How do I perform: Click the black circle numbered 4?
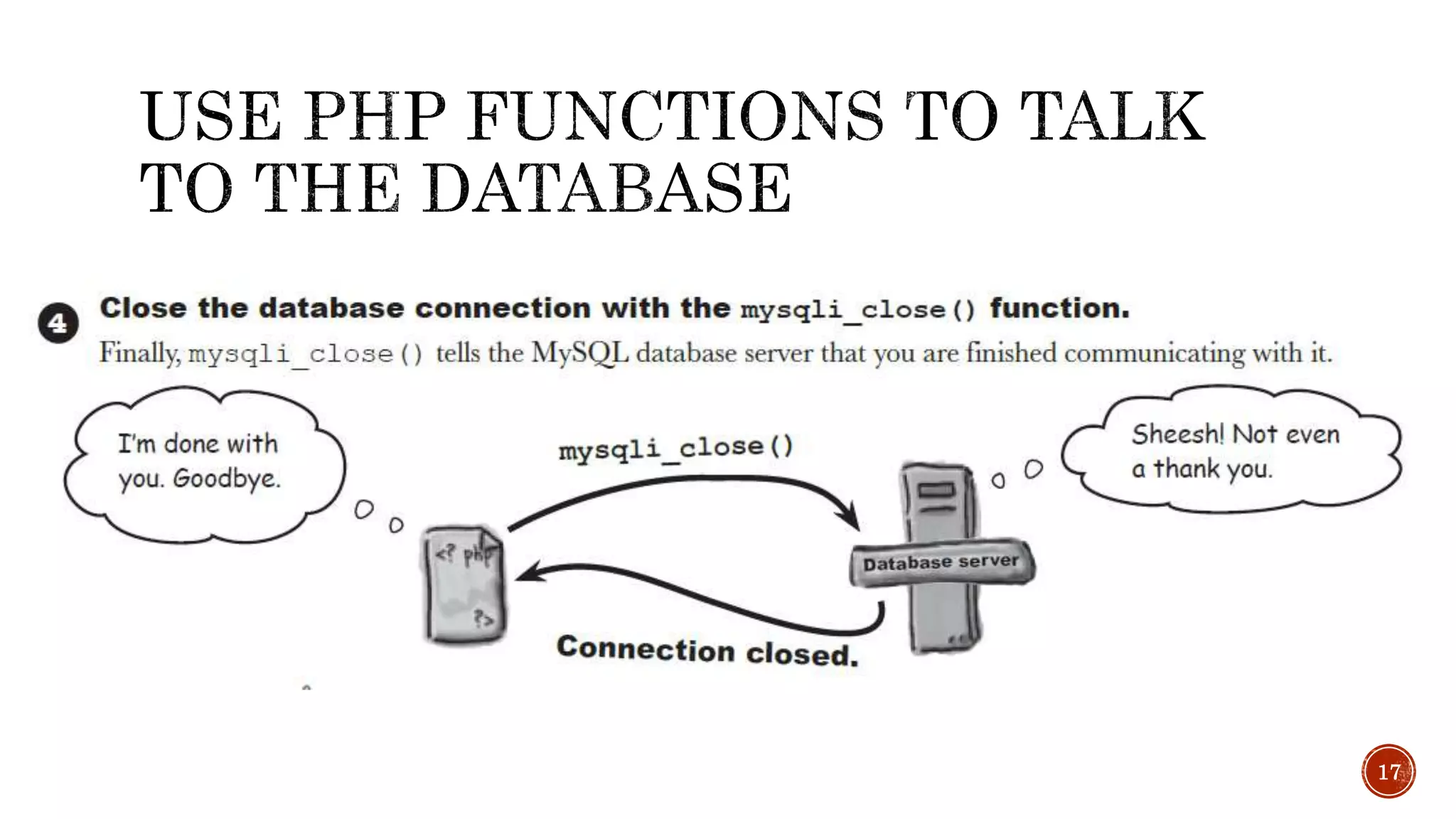58,323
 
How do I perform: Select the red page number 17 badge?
1388,771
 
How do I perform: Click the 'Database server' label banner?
941,563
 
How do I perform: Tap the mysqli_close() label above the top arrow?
675,449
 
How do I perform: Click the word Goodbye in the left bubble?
227,479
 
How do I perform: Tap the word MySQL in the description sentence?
579,353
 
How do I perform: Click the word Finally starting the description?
139,353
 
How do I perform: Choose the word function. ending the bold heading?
1059,309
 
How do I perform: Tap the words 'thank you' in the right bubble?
1212,469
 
